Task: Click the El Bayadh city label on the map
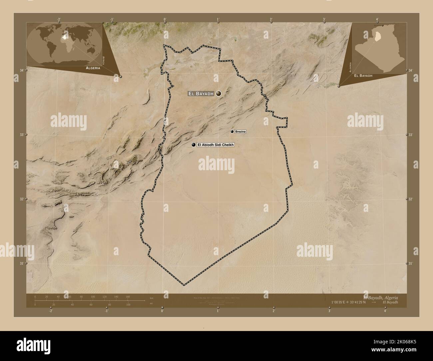tap(201, 94)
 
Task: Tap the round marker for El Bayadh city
tap(218, 94)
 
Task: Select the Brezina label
tap(240, 132)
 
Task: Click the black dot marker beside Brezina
tap(232, 132)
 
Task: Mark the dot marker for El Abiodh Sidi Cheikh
tap(193, 145)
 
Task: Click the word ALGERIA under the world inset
tap(93, 68)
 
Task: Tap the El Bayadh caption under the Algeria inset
tap(363, 76)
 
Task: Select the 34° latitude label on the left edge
tap(21, 70)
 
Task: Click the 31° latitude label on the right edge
tap(411, 263)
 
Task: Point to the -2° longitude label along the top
tap(59, 19)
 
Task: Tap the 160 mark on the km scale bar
tap(128, 296)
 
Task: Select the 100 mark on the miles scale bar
tap(128, 304)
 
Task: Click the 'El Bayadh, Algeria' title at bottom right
tap(380, 297)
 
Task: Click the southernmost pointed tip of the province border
tap(184, 285)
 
